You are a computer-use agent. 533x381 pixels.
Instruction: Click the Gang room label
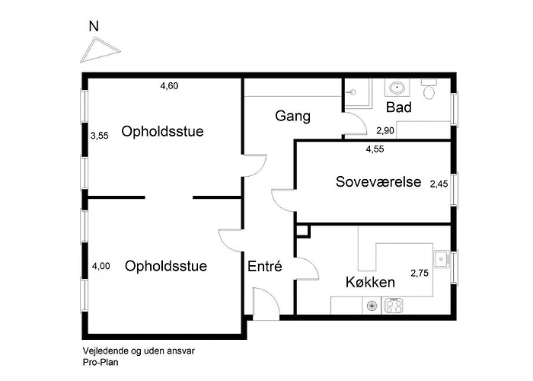coord(292,117)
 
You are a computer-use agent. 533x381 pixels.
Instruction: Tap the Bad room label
coord(399,107)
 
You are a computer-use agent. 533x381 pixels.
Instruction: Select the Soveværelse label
coord(378,181)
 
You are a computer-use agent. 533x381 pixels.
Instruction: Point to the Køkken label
coord(370,283)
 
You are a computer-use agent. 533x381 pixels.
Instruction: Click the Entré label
coord(265,266)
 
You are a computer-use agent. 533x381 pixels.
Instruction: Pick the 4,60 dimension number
coord(169,85)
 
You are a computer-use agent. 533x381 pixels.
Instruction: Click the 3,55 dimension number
coord(100,136)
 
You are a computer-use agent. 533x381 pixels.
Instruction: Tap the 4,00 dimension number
coord(101,266)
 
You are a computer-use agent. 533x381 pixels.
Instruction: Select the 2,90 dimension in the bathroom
coord(385,130)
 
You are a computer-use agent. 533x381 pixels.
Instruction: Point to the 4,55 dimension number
coord(375,149)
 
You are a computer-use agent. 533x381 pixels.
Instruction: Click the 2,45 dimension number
coord(439,184)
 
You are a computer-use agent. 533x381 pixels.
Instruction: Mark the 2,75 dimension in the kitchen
coord(420,273)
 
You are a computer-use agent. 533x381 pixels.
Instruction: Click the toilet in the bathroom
coord(429,89)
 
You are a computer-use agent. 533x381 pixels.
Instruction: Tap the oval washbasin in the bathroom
coord(397,88)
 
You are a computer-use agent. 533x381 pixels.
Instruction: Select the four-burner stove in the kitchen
coord(394,306)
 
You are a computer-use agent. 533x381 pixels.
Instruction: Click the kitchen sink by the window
coord(441,259)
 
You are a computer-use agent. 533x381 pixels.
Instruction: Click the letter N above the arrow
coord(94,26)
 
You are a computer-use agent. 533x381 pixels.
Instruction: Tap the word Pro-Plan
coord(101,363)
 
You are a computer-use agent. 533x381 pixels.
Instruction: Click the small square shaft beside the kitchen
coord(303,231)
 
